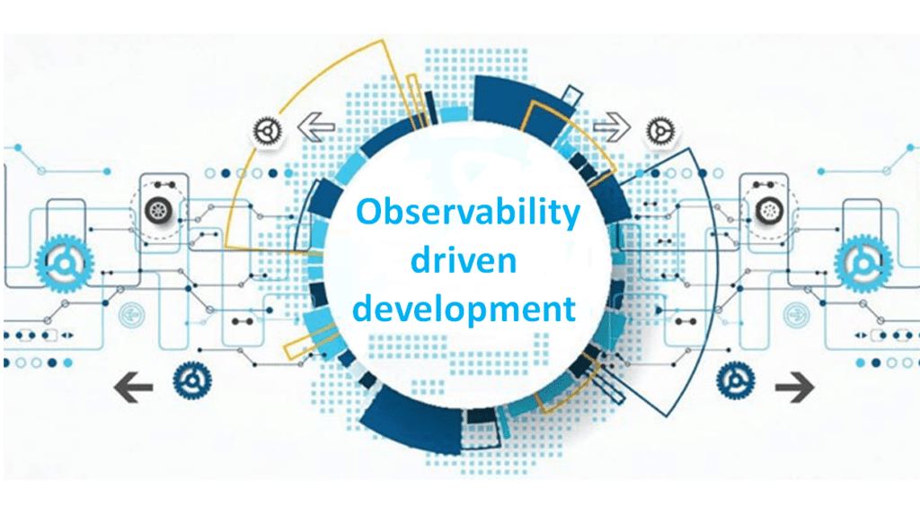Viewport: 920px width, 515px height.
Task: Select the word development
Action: (464, 310)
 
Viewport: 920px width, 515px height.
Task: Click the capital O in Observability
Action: (368, 213)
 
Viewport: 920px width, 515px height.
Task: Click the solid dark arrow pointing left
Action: (133, 388)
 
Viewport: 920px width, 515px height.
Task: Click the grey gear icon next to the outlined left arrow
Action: (266, 132)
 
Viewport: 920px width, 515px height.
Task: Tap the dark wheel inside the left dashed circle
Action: (158, 211)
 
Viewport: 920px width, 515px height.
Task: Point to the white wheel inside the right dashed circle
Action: (768, 211)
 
